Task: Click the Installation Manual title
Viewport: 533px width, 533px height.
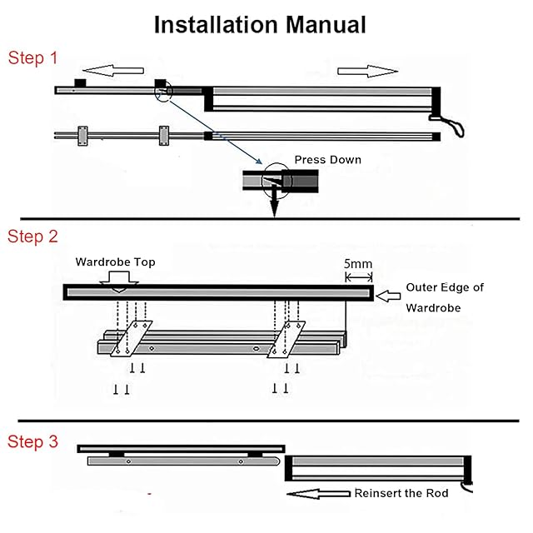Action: pos(260,24)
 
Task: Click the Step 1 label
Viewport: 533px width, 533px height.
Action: pos(32,58)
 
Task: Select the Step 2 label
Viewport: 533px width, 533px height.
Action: pos(32,237)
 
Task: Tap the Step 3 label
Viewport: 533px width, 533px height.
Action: pos(32,441)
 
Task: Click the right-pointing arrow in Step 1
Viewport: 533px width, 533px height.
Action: pos(369,72)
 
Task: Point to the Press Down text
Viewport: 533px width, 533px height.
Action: pos(327,159)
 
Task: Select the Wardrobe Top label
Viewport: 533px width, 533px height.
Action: pos(115,262)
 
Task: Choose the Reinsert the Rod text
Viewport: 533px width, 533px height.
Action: pos(401,493)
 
